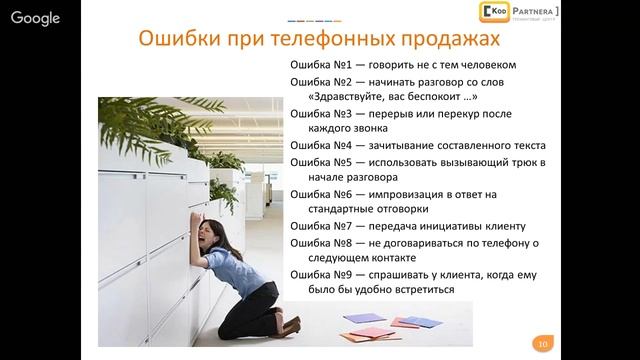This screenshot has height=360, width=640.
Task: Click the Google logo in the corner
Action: pyautogui.click(x=35, y=18)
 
